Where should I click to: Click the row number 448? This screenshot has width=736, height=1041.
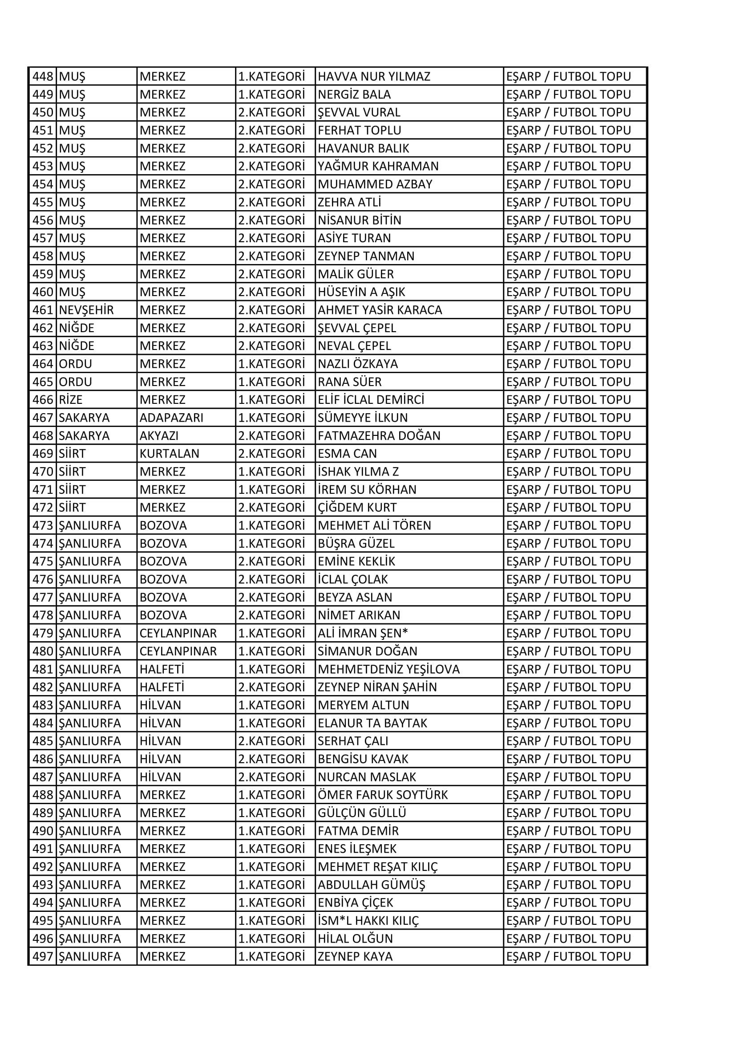43,77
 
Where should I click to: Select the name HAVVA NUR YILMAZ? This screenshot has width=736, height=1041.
374,77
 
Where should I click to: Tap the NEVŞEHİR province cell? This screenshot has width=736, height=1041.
86,310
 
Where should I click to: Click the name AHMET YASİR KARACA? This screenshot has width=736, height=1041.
380,310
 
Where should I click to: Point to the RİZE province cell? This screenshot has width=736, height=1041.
71,400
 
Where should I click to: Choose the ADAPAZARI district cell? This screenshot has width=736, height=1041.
171,418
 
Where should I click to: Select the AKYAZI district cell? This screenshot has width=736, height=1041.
159,436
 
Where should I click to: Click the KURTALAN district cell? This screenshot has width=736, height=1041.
170,454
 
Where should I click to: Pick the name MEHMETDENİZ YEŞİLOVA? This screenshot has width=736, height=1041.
389,669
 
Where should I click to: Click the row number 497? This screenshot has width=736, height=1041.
43,957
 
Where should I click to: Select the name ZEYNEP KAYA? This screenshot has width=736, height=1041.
355,957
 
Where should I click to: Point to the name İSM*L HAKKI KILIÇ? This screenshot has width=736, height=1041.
368,921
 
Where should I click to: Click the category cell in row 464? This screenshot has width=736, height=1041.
271,364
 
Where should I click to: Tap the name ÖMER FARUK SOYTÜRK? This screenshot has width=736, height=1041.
383,795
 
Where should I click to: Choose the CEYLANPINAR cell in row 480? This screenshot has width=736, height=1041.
178,651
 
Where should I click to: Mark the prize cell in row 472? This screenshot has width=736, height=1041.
568,508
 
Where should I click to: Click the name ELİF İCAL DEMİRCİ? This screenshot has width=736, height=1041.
371,400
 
